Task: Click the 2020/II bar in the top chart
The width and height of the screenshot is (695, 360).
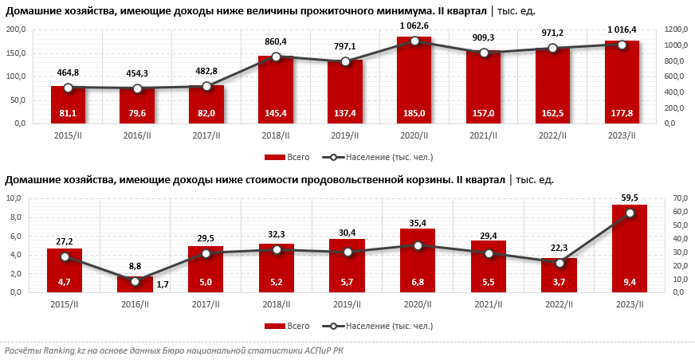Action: pos(414,80)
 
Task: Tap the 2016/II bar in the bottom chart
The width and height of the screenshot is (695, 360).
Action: pos(135,284)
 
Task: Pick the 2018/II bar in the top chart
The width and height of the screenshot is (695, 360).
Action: pos(276,90)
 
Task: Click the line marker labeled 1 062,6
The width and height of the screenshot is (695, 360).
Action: pos(414,41)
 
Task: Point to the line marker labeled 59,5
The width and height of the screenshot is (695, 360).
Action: pos(630,213)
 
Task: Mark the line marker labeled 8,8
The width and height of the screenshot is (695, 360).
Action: pos(135,281)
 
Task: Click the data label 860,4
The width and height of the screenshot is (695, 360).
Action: pos(276,41)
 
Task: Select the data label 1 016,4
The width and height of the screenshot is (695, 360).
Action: pos(621,29)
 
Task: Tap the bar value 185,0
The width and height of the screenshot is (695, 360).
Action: pos(414,114)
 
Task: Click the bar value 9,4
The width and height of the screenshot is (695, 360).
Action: pos(630,282)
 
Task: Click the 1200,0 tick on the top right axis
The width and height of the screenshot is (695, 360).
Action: pos(674,29)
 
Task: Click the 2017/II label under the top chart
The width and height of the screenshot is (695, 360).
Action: pos(206,135)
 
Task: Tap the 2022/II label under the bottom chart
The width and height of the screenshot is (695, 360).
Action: pos(560,303)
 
